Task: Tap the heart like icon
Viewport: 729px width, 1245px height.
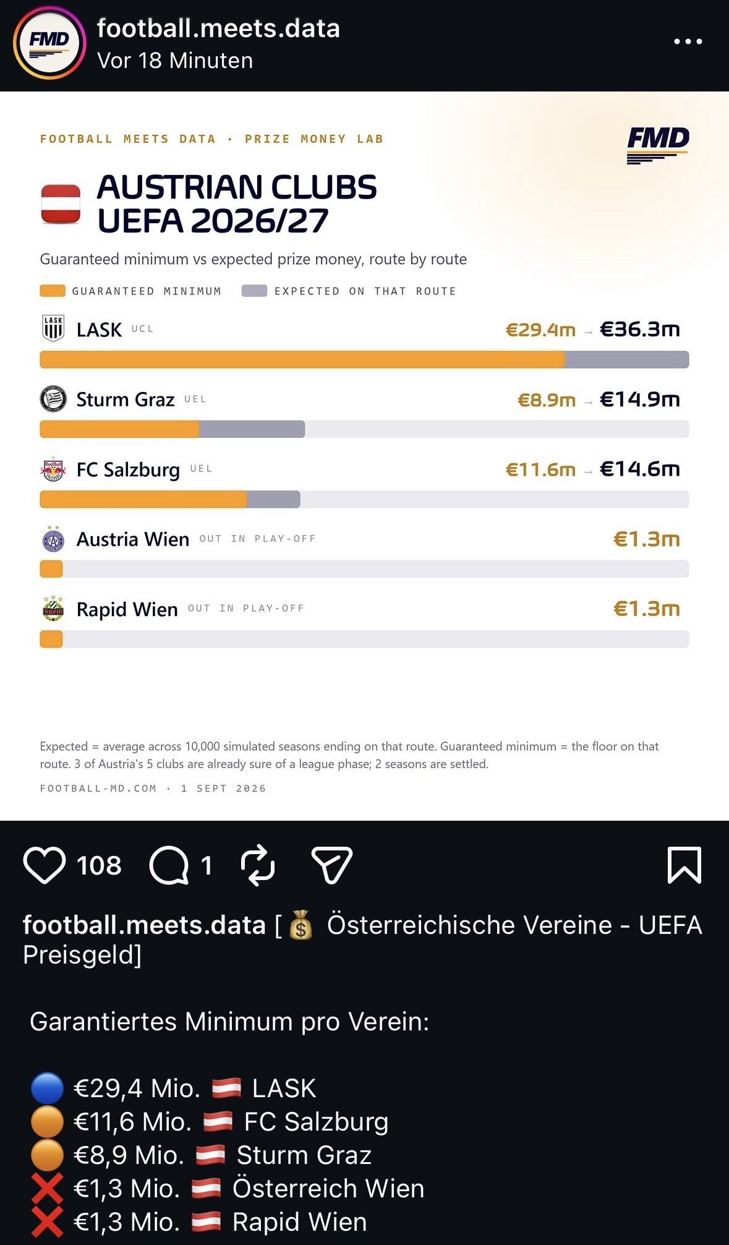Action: pos(45,865)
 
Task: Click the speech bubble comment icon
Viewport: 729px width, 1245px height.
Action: pos(169,865)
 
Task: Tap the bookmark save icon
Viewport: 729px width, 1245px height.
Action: pos(684,865)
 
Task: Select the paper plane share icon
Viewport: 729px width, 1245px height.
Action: pos(331,865)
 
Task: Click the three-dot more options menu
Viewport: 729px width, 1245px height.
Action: pos(688,41)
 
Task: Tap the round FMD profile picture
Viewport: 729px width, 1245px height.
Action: pos(49,43)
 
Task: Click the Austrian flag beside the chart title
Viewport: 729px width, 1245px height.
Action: pos(61,203)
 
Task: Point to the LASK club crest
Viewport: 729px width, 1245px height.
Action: pos(53,328)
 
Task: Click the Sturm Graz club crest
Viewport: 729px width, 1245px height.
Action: pos(53,399)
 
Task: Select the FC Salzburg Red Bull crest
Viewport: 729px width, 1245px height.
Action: pos(53,469)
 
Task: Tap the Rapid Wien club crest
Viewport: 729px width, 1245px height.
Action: pos(53,609)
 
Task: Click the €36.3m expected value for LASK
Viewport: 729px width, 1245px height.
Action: pos(640,329)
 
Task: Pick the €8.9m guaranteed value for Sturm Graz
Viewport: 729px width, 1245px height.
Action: pos(547,400)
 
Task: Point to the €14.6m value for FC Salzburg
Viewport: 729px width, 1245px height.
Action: pos(640,469)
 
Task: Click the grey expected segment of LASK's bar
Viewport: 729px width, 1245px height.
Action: pos(626,359)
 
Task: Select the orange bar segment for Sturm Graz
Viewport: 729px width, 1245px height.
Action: pos(119,429)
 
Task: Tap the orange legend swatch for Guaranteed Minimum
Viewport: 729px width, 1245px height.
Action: pos(53,291)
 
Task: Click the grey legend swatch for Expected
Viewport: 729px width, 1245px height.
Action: pos(254,291)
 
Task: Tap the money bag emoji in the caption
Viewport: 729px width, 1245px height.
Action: pos(301,925)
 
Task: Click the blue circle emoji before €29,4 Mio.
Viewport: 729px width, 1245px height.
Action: pos(47,1089)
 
